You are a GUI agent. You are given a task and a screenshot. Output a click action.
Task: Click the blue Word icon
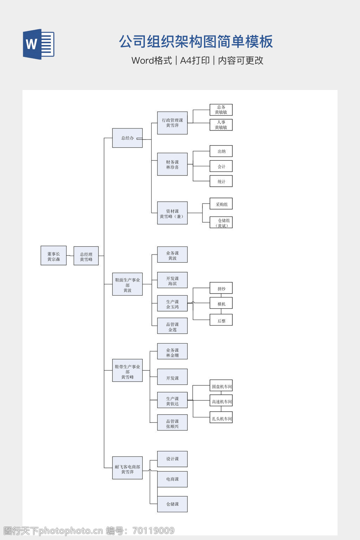[x=38, y=44]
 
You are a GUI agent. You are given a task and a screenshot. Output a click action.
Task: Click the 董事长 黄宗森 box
[x=53, y=256]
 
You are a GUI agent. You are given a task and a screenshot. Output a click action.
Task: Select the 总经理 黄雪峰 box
[x=86, y=256]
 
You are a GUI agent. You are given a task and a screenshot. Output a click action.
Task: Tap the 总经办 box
[x=127, y=138]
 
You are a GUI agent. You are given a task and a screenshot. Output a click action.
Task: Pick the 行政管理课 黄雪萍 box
[x=172, y=123]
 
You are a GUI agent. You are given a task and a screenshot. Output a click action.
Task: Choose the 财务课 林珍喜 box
[x=172, y=164]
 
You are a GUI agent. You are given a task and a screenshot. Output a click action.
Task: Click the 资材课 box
[x=172, y=213]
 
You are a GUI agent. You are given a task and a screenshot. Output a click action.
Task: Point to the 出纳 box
[x=221, y=151]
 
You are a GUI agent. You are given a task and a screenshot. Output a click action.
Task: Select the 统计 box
[x=221, y=181]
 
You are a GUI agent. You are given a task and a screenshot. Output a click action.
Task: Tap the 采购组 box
[x=221, y=204]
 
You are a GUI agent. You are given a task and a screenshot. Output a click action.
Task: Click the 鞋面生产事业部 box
[x=127, y=284]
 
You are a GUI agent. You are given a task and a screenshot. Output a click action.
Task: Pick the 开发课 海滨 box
[x=172, y=280]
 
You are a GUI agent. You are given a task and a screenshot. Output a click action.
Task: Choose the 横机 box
[x=221, y=303]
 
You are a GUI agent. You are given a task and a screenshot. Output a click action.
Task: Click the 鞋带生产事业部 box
[x=127, y=371]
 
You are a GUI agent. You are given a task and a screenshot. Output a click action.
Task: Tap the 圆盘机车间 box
[x=221, y=386]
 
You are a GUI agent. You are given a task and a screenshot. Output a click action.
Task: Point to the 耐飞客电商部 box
[x=127, y=468]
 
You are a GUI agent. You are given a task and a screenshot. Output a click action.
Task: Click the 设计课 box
[x=172, y=459]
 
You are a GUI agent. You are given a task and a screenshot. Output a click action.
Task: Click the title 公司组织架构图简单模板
[x=196, y=41]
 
